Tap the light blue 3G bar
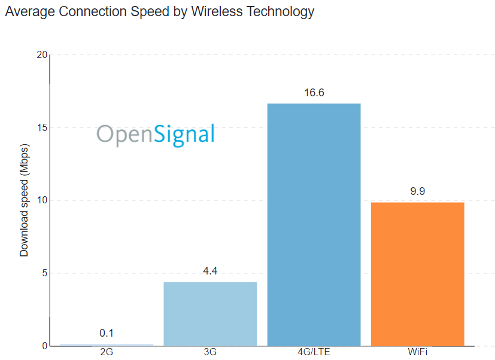tap(210, 313)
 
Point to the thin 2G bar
tap(107, 344)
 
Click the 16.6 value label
tap(314, 93)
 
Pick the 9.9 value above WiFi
tap(417, 192)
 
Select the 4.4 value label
tap(210, 271)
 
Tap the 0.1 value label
tap(107, 333)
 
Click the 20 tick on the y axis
tap(41, 55)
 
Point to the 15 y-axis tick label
tap(41, 128)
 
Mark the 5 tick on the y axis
tap(44, 274)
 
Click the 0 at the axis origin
tap(44, 346)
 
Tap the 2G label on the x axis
tap(107, 352)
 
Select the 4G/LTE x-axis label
tap(314, 352)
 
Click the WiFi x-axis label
tap(417, 352)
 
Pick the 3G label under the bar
tap(210, 352)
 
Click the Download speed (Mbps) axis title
tap(24, 200)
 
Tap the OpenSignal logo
tap(156, 134)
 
